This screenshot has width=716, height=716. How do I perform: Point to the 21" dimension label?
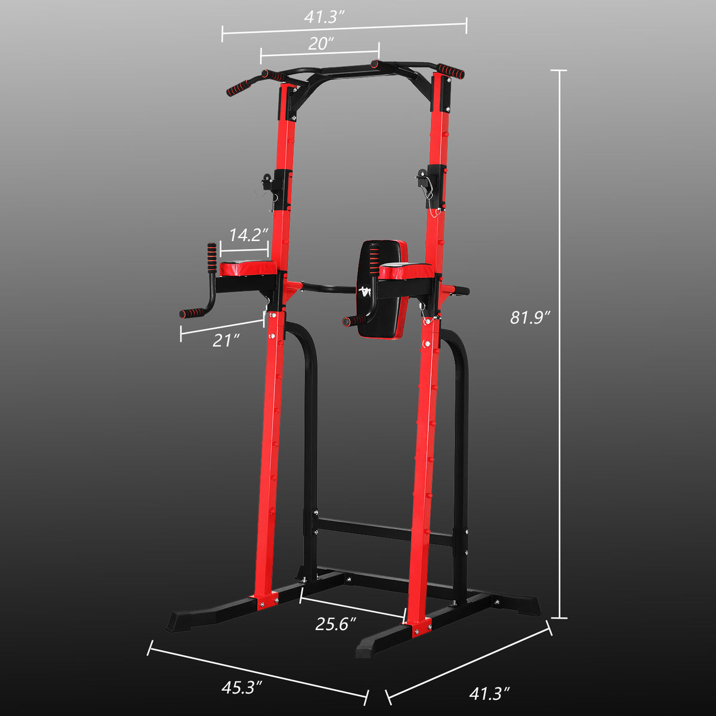[x=226, y=340]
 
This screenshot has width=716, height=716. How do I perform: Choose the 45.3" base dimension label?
[x=242, y=688]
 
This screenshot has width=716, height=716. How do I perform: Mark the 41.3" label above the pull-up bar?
[x=325, y=16]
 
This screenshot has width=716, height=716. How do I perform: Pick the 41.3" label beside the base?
[x=489, y=694]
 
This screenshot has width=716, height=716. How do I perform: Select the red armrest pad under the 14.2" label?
[x=248, y=268]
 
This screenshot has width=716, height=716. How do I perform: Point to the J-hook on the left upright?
[x=267, y=180]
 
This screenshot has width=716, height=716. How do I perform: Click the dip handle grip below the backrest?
[x=356, y=322]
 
